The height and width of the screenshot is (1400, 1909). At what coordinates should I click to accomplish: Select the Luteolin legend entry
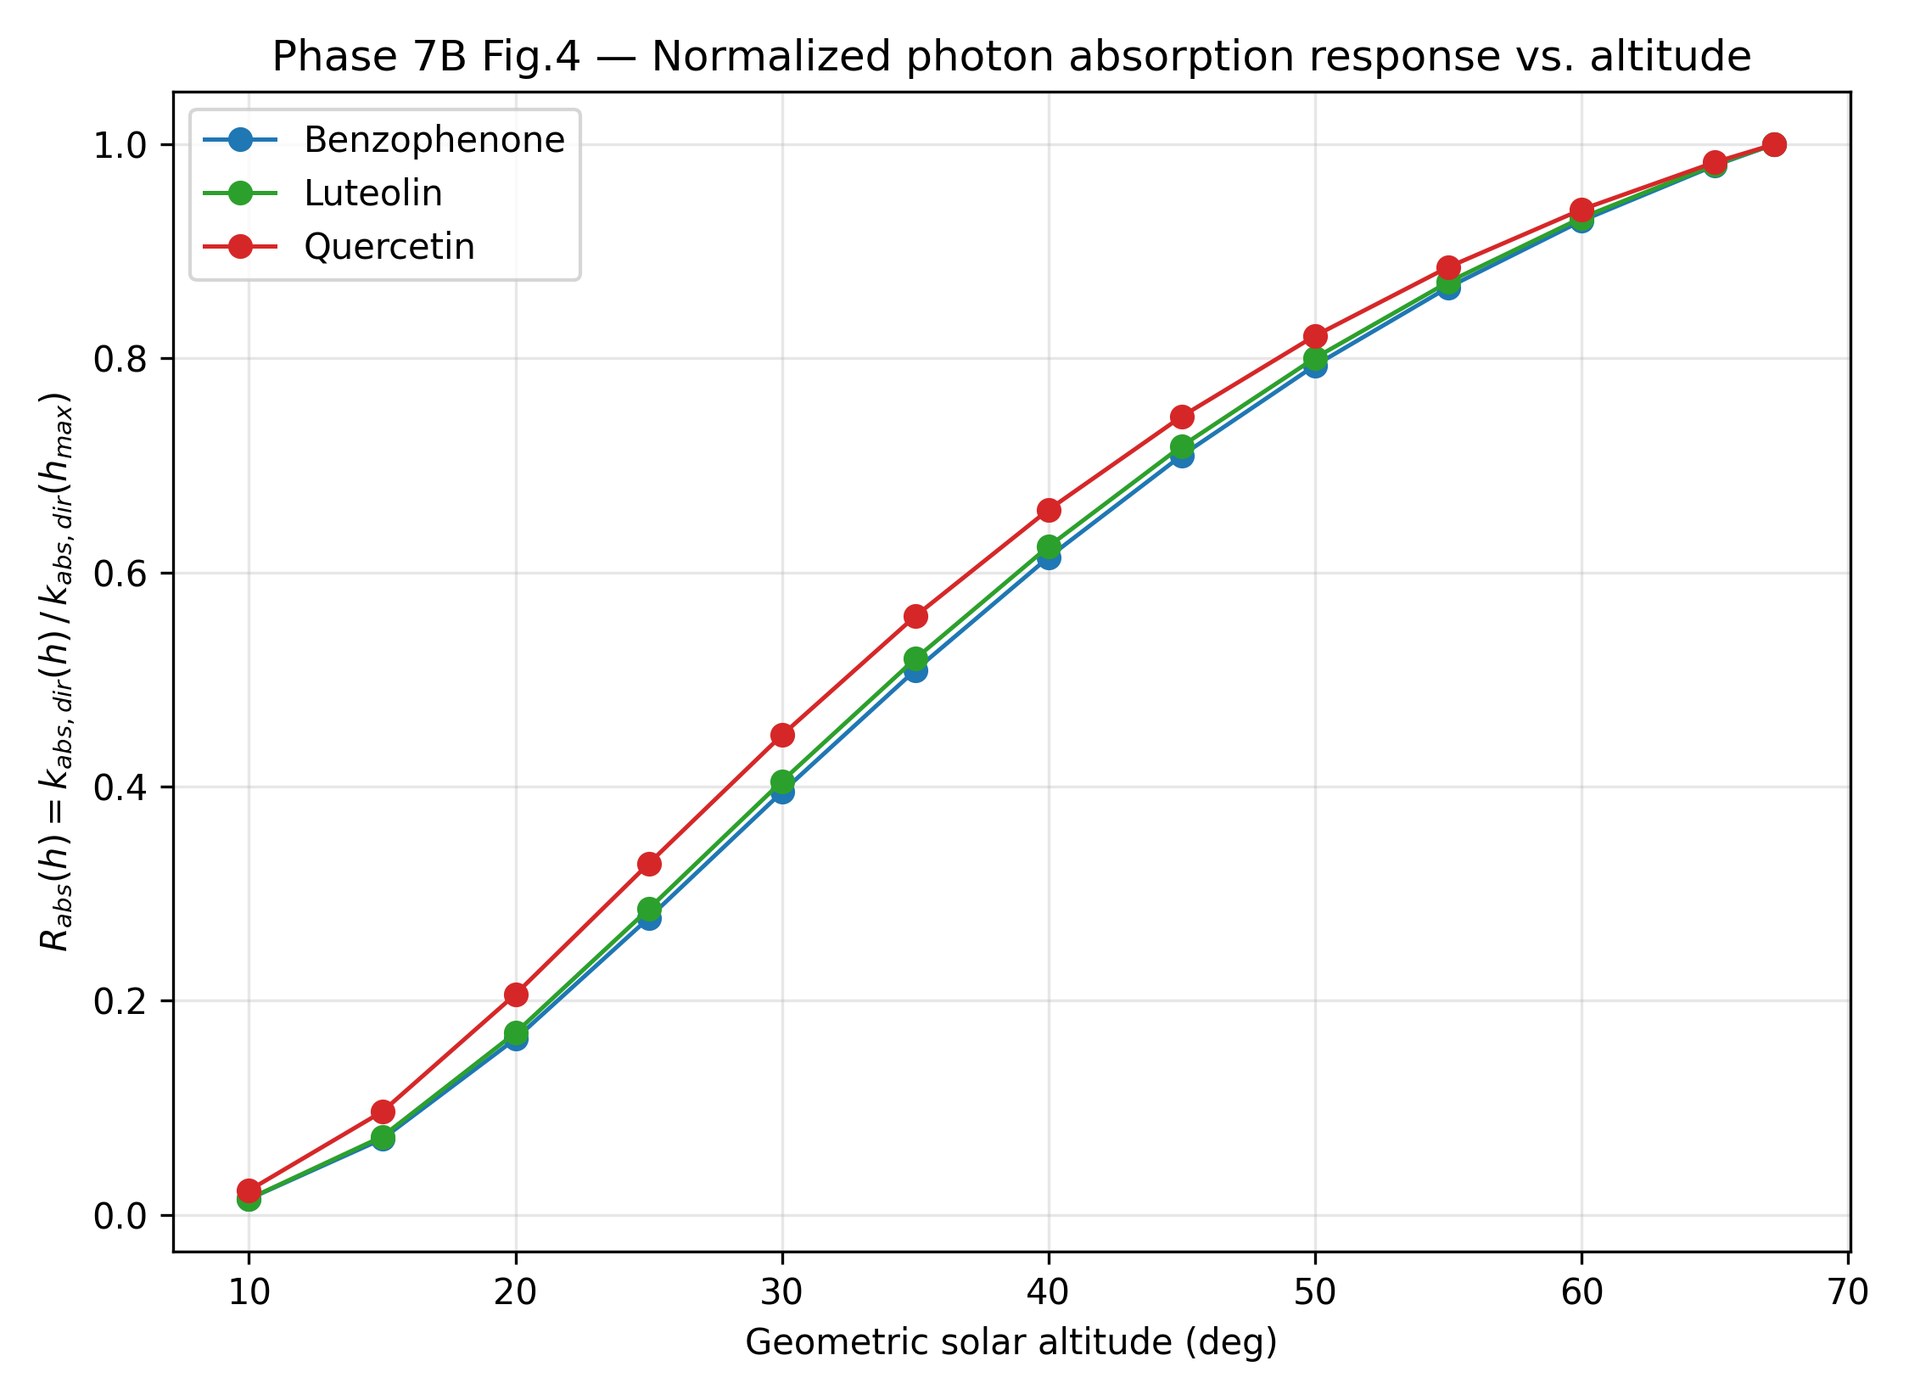pyautogui.click(x=323, y=193)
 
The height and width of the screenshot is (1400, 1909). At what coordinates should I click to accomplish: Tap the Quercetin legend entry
pyautogui.click(x=339, y=247)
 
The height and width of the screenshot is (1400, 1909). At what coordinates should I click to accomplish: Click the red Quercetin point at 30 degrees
pyautogui.click(x=782, y=735)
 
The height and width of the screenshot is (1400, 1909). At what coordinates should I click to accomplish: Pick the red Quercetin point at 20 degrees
pyautogui.click(x=516, y=994)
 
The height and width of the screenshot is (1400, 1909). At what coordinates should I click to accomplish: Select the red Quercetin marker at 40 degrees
pyautogui.click(x=1049, y=510)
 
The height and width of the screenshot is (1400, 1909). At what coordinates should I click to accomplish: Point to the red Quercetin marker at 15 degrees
pyautogui.click(x=383, y=1112)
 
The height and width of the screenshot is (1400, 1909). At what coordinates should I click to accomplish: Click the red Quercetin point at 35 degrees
pyautogui.click(x=915, y=616)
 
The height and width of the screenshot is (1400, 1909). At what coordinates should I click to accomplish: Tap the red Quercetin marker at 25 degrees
pyautogui.click(x=649, y=864)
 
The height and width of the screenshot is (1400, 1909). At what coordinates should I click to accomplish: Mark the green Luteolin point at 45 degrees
pyautogui.click(x=1182, y=446)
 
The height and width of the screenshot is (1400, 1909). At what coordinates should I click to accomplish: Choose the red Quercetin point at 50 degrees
pyautogui.click(x=1315, y=336)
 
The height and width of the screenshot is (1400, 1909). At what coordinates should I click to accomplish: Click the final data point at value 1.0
pyautogui.click(x=1773, y=144)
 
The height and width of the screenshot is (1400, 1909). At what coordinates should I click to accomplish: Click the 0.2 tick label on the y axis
pyautogui.click(x=120, y=1002)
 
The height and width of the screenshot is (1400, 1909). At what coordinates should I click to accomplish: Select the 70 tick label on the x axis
pyautogui.click(x=1848, y=1292)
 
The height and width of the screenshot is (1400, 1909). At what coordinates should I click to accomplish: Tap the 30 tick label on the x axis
pyautogui.click(x=781, y=1292)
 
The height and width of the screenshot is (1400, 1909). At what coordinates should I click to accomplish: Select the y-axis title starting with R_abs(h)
pyautogui.click(x=56, y=671)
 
